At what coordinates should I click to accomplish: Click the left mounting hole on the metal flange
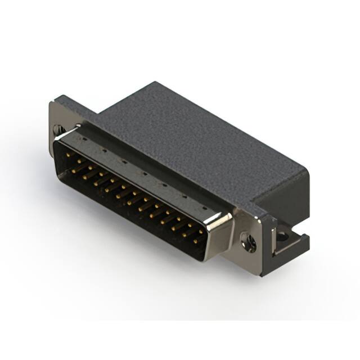[58, 129]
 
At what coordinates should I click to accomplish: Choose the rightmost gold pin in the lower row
[195, 241]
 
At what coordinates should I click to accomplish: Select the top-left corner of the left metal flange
[52, 101]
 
